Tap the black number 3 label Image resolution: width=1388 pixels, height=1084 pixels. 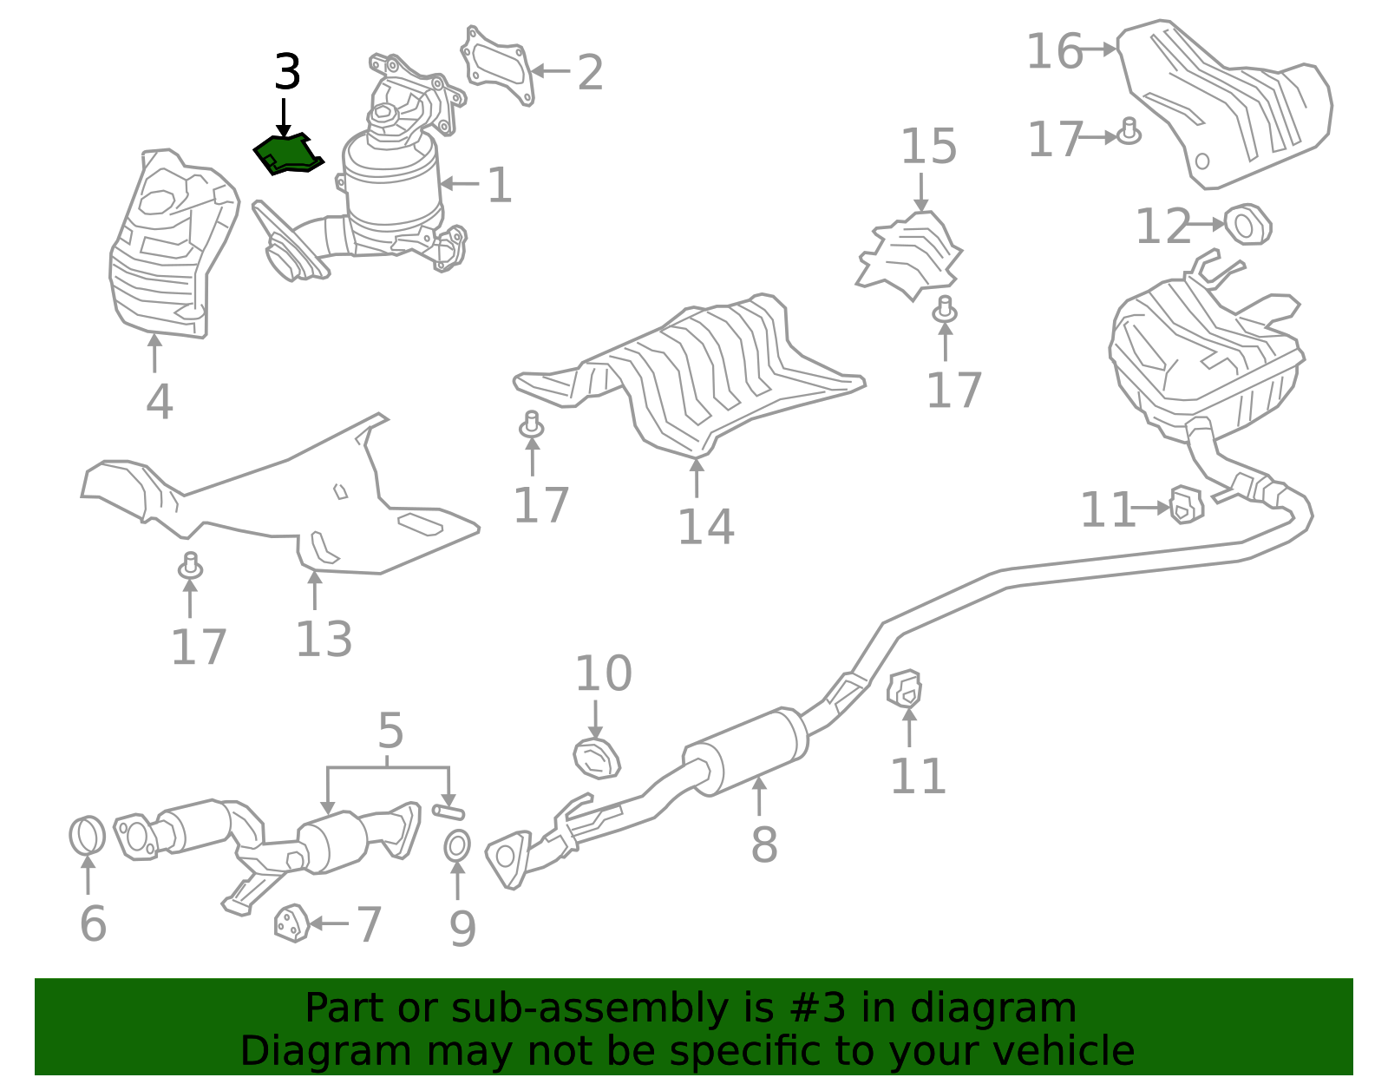pyautogui.click(x=287, y=73)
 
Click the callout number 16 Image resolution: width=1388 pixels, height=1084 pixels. pyautogui.click(x=1054, y=52)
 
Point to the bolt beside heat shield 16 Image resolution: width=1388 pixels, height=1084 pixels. pyautogui.click(x=1129, y=132)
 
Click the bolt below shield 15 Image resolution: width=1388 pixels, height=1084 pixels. pyautogui.click(x=945, y=309)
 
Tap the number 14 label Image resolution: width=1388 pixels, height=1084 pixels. pyautogui.click(x=705, y=526)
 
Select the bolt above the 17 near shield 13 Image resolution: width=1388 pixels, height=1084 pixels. pyautogui.click(x=191, y=566)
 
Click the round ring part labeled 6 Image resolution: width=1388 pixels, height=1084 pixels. pyautogui.click(x=87, y=836)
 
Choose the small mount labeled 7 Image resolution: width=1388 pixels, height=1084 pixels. pyautogui.click(x=291, y=923)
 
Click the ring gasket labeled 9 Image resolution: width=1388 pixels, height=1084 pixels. pyautogui.click(x=457, y=845)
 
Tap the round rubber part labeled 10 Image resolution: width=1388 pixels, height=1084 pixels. pyautogui.click(x=597, y=759)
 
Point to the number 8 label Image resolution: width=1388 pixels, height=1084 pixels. pyautogui.click(x=763, y=844)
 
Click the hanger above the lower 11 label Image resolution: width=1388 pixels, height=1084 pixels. pyautogui.click(x=905, y=690)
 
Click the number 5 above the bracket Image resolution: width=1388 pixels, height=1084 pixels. pyautogui.click(x=390, y=731)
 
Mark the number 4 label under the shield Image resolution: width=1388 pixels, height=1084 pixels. pyautogui.click(x=159, y=402)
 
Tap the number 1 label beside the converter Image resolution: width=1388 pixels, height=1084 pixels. pyautogui.click(x=499, y=186)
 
